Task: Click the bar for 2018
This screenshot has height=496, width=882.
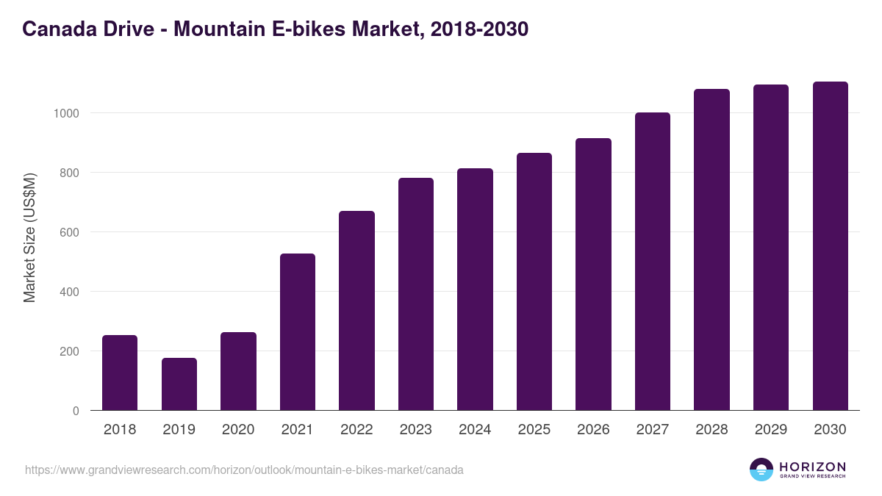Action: pos(120,373)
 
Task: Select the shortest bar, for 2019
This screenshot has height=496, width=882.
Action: pos(179,384)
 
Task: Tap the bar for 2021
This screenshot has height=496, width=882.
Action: pos(298,331)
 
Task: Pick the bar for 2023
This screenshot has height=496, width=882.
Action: pos(416,294)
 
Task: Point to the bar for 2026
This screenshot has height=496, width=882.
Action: pos(593,274)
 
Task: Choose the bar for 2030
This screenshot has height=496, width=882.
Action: pos(830,245)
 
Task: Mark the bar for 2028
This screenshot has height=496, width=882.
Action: pos(711,250)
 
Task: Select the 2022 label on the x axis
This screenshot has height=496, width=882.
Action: pos(356,430)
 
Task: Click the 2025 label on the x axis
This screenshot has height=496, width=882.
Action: pos(534,430)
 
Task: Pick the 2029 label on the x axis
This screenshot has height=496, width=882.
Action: pos(771,430)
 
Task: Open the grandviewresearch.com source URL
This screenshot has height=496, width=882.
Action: pos(244,470)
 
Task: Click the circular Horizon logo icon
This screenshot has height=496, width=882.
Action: pos(761,470)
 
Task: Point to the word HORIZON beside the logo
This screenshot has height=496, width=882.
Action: pos(812,467)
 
